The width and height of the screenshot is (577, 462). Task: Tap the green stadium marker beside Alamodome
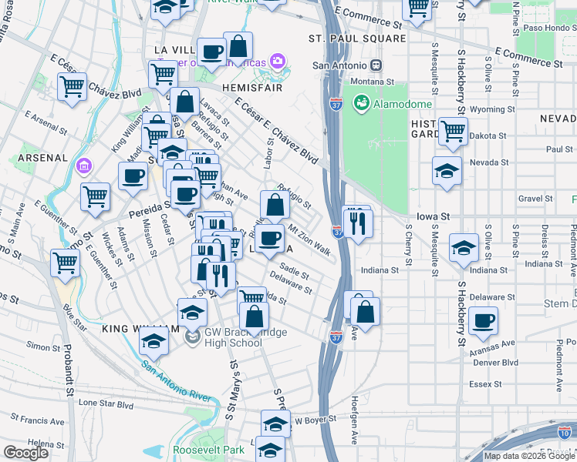click(x=360, y=103)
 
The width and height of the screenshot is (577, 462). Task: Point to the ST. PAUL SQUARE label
click(x=357, y=38)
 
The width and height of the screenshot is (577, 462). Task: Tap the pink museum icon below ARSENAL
click(x=83, y=166)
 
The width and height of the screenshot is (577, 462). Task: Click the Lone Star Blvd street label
click(x=106, y=403)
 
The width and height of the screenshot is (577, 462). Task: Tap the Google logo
click(x=25, y=453)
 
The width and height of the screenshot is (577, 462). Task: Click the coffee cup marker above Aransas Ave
click(x=483, y=321)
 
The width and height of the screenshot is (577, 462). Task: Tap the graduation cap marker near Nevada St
click(x=447, y=172)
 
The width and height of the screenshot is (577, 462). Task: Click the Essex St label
click(x=486, y=383)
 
